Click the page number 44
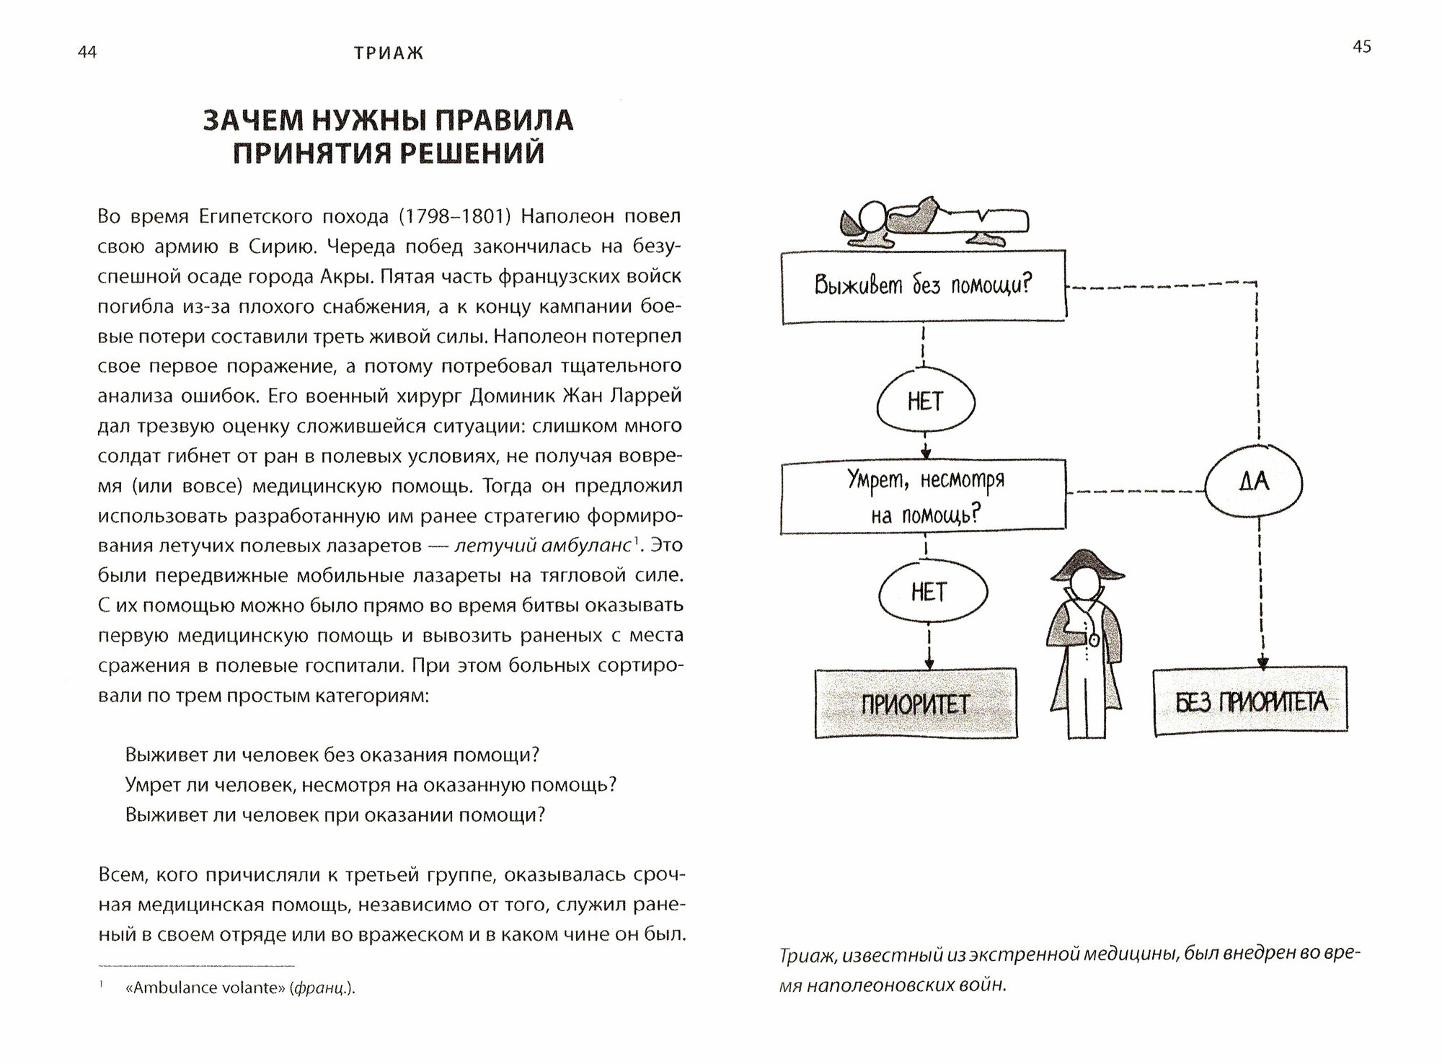click(x=87, y=53)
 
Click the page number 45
click(x=1362, y=47)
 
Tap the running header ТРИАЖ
click(x=389, y=53)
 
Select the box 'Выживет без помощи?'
click(x=923, y=285)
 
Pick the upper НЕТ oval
click(x=926, y=402)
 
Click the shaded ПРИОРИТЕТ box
click(x=916, y=703)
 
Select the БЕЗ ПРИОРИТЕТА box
click(x=1250, y=701)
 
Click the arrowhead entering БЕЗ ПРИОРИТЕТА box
click(x=1262, y=662)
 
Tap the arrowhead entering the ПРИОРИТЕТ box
click(x=929, y=662)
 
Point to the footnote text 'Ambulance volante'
click(x=205, y=988)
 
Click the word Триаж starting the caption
click(x=807, y=956)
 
